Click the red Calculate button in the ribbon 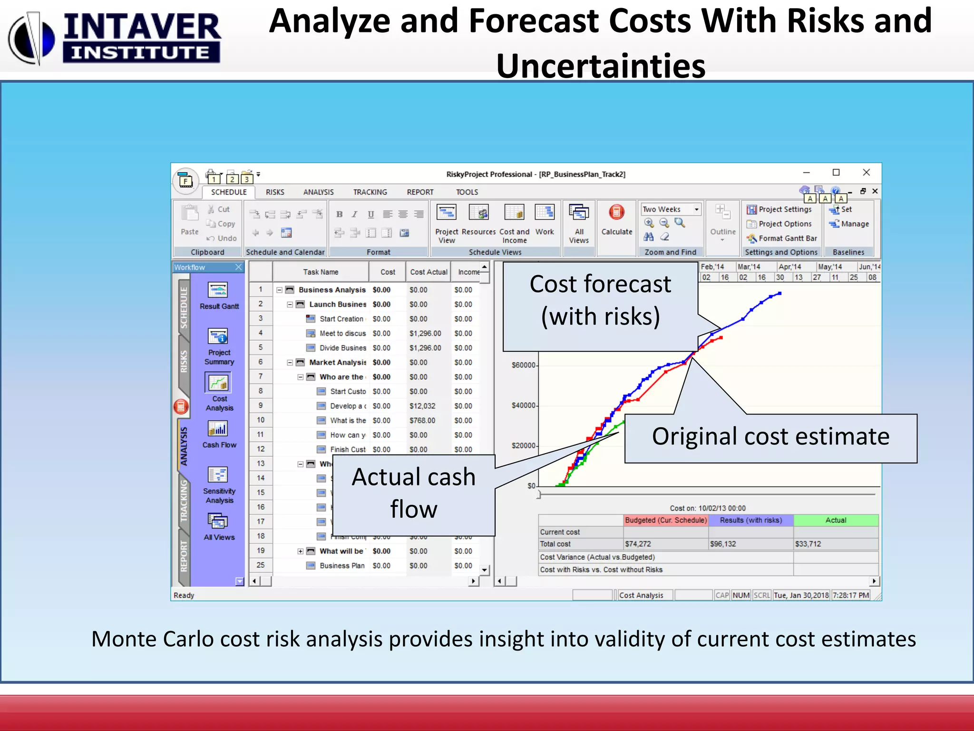pos(616,212)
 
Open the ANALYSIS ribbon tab pos(318,192)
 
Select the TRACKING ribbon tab pos(370,192)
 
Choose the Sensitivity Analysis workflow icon pos(218,475)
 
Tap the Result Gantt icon pos(218,290)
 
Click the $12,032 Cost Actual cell pos(422,406)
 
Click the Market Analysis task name pos(337,363)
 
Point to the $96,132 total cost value pos(723,544)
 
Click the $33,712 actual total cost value pos(808,544)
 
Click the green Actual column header pos(836,520)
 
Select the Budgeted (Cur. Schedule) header pos(666,520)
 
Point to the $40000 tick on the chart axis pos(523,405)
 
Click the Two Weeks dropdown pos(670,209)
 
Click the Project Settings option pos(785,209)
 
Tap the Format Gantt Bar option pos(787,238)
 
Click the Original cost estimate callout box pos(770,438)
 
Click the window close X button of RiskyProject pos(867,172)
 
